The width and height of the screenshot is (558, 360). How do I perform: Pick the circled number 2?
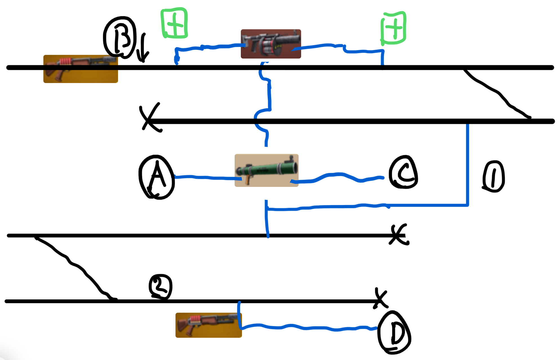pyautogui.click(x=160, y=287)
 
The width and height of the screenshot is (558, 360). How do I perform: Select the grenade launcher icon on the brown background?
pyautogui.click(x=271, y=44)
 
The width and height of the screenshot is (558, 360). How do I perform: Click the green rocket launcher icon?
pyautogui.click(x=266, y=170)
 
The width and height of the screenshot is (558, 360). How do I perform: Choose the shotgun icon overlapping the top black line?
pyautogui.click(x=81, y=69)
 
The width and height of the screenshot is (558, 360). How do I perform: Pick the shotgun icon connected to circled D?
pyautogui.click(x=208, y=325)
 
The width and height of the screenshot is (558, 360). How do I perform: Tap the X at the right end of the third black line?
pyautogui.click(x=399, y=234)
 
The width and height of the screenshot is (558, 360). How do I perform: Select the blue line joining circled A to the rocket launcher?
pyautogui.click(x=208, y=177)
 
